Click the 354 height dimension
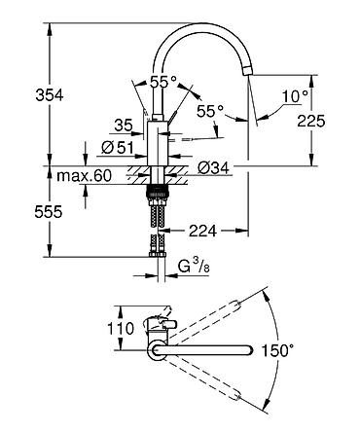(x=50, y=95)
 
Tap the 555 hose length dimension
(x=49, y=212)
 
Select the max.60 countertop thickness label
(x=84, y=175)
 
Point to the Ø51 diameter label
(x=117, y=148)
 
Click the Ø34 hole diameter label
(x=213, y=167)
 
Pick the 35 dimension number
(x=124, y=125)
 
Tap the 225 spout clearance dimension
(x=311, y=121)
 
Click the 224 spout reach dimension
(x=202, y=231)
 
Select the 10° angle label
(x=295, y=96)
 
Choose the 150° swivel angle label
(x=277, y=350)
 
